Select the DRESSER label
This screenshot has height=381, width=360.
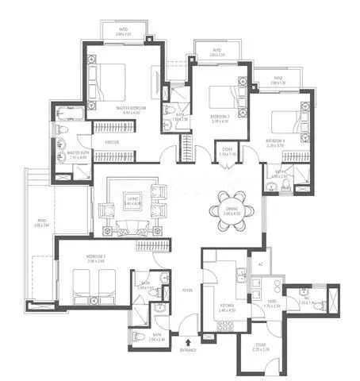(x=111, y=143)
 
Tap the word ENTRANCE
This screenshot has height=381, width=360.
(x=188, y=348)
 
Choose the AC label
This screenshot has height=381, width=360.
(x=259, y=264)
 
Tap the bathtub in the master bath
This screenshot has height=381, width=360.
(x=63, y=145)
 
